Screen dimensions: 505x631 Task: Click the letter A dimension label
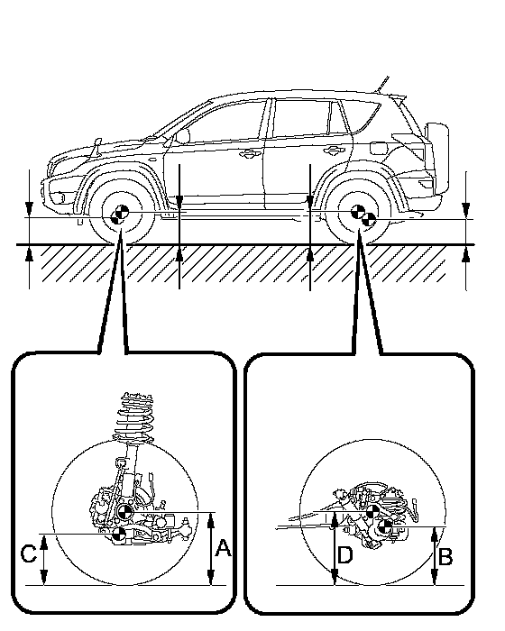[223, 548]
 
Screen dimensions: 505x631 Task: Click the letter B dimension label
[445, 557]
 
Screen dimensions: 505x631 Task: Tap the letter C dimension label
[29, 553]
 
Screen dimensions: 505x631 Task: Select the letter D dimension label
[345, 555]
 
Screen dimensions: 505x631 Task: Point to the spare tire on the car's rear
[437, 158]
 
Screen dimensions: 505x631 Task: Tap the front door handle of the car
[251, 153]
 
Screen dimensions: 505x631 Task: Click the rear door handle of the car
[334, 151]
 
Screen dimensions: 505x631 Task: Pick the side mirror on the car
[182, 136]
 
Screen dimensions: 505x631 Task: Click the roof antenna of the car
[382, 85]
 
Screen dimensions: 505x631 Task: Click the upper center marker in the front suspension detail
[124, 512]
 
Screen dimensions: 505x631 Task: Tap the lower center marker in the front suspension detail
[119, 534]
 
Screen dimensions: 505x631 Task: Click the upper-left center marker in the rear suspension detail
[372, 512]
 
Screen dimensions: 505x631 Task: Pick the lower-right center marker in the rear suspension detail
[385, 526]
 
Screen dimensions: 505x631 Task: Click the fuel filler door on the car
[378, 148]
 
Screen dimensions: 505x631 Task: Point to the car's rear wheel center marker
[358, 211]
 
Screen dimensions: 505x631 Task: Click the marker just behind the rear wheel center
[369, 220]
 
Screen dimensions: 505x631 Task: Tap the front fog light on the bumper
[60, 198]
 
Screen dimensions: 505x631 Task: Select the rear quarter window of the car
[363, 115]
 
